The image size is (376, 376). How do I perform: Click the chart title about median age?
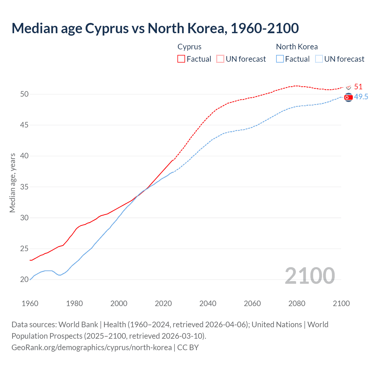[155, 28]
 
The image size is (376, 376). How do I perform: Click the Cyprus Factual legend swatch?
[181, 59]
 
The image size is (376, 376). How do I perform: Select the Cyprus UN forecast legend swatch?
[220, 59]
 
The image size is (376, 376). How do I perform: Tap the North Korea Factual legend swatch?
[280, 59]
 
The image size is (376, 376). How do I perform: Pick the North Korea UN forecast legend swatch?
[319, 59]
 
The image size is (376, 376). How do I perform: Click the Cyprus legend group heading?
[189, 47]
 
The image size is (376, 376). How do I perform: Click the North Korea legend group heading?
[297, 47]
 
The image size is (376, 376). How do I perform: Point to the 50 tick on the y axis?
[24, 94]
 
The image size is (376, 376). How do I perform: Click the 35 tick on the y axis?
[24, 187]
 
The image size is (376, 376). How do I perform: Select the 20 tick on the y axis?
[24, 280]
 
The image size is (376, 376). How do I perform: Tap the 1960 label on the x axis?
[30, 303]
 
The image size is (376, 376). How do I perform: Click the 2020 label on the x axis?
[163, 303]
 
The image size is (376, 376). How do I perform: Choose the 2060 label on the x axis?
[252, 303]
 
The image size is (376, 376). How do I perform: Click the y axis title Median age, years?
[12, 183]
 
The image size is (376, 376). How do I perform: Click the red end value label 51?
[358, 87]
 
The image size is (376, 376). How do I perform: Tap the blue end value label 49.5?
[361, 97]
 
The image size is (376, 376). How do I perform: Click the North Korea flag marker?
[348, 97]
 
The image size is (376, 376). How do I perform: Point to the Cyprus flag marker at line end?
[349, 87]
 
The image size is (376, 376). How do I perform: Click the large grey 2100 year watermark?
[310, 276]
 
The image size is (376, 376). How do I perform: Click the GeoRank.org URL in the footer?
[92, 348]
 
